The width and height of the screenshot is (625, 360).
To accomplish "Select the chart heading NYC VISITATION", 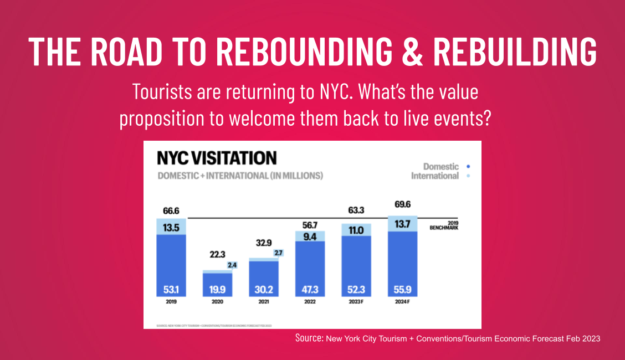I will click(x=217, y=158).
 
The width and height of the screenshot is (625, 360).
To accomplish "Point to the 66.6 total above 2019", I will click(x=171, y=211).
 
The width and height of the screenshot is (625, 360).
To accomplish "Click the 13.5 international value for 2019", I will click(x=171, y=227).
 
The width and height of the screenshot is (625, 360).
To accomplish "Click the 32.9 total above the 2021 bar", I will click(x=263, y=242).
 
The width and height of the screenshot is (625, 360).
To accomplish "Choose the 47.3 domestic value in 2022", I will click(x=310, y=290).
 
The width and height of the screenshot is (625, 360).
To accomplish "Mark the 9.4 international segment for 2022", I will click(x=310, y=237).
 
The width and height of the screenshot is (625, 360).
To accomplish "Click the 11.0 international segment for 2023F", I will click(x=356, y=230).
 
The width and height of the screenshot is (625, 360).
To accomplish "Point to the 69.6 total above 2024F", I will click(x=403, y=204).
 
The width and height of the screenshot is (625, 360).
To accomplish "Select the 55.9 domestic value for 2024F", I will click(x=403, y=290).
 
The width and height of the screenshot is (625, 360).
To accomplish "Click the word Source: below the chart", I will click(x=309, y=338).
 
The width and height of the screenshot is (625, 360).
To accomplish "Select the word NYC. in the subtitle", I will click(x=335, y=92).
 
